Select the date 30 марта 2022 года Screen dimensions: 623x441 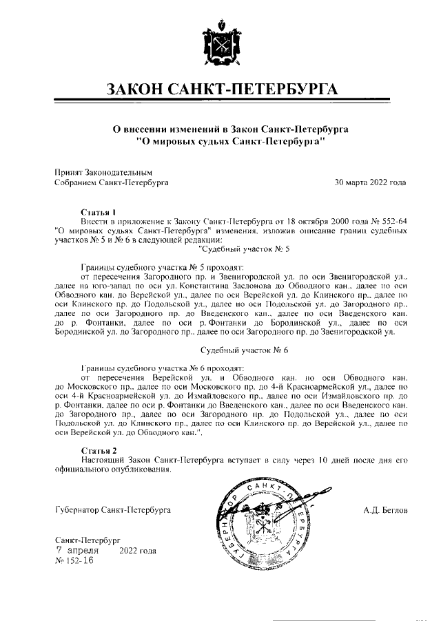pyautogui.click(x=370, y=182)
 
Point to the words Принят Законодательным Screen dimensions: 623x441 pyautogui.click(x=103, y=171)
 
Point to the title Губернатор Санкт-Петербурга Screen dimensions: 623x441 pyautogui.click(x=112, y=510)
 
